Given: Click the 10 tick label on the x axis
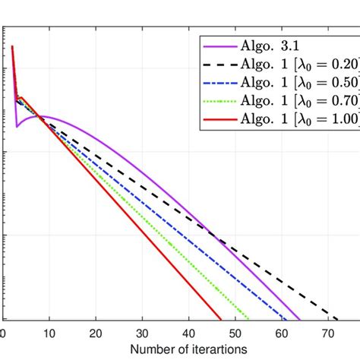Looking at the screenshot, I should point(49,333).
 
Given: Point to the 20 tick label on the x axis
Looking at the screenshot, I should point(96,333).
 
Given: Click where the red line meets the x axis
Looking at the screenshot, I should point(221,320).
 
